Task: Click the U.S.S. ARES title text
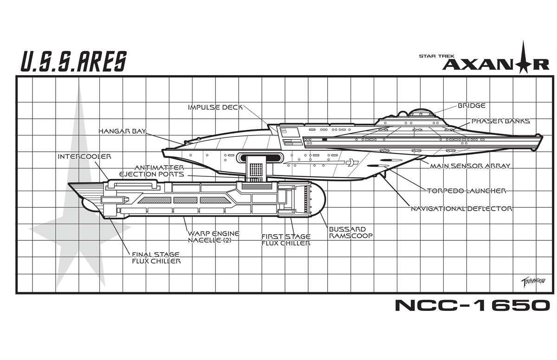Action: (73, 61)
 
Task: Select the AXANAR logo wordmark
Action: (495, 64)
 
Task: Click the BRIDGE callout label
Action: (471, 106)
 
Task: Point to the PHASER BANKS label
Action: (500, 121)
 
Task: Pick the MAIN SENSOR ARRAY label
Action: (470, 166)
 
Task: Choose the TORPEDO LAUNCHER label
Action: (466, 190)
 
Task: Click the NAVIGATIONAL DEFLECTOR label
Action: (461, 209)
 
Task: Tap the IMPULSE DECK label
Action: (215, 107)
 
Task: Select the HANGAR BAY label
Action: (122, 131)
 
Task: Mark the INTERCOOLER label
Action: (84, 156)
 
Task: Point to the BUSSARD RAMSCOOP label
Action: (351, 232)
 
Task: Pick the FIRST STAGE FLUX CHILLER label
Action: (285, 239)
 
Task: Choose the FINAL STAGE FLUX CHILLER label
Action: (156, 258)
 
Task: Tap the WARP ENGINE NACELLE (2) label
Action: (214, 237)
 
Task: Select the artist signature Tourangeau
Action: (531, 281)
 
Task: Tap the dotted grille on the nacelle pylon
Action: (256, 169)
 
